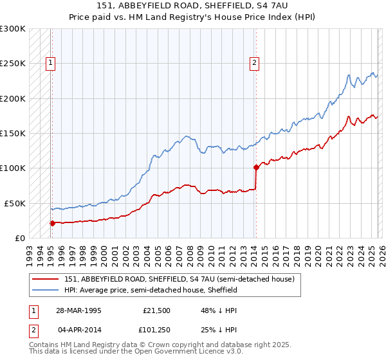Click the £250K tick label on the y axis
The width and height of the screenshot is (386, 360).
pyautogui.click(x=13, y=64)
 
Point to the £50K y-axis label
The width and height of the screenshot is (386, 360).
pyautogui.click(x=15, y=203)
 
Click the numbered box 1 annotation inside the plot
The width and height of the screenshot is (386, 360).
pyautogui.click(x=51, y=63)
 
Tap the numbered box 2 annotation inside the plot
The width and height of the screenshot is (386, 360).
pyautogui.click(x=255, y=63)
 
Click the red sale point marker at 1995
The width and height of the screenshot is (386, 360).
pyautogui.click(x=52, y=223)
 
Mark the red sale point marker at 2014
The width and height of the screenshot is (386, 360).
pyautogui.click(x=256, y=167)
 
